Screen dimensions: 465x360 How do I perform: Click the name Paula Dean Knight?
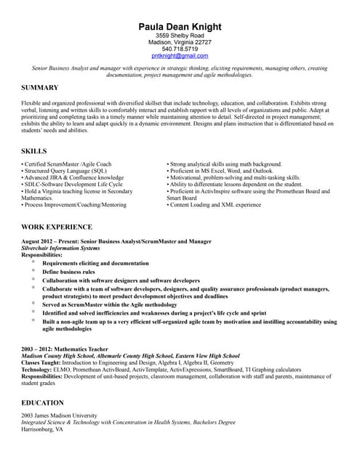(x=180, y=27)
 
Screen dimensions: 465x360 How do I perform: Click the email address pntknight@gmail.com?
(x=180, y=56)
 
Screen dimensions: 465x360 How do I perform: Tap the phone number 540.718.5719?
(x=180, y=49)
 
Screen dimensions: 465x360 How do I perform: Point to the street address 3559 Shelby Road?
(x=180, y=35)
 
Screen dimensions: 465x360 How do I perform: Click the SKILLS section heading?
(x=34, y=150)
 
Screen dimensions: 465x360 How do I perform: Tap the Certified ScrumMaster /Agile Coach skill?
(x=67, y=164)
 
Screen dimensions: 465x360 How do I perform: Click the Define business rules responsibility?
(x=68, y=272)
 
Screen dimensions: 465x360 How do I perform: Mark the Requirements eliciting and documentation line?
(x=95, y=263)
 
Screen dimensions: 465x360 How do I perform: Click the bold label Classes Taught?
(x=44, y=363)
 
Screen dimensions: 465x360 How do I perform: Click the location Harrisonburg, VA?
(x=42, y=429)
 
